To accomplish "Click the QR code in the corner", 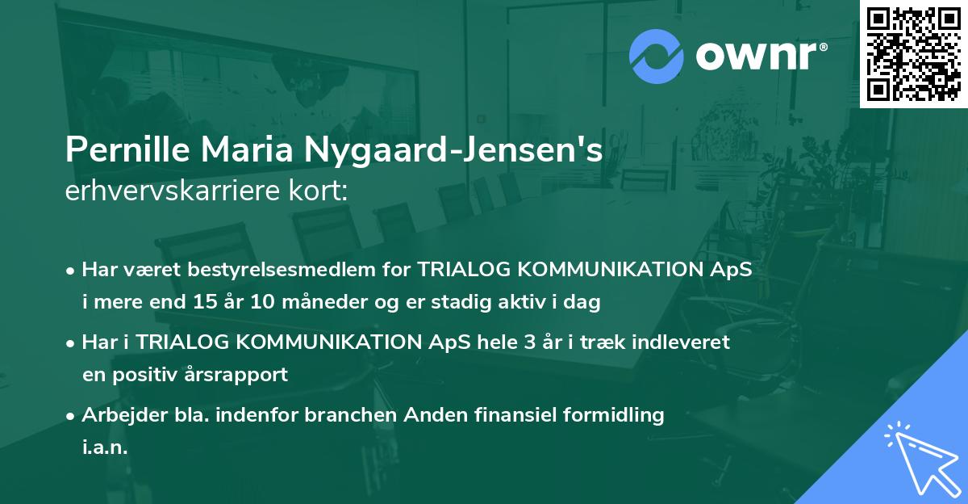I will (913, 54).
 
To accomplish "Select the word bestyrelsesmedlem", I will (278, 270).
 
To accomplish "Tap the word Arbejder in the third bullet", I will (118, 415).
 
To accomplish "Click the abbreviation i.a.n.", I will (105, 448).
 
